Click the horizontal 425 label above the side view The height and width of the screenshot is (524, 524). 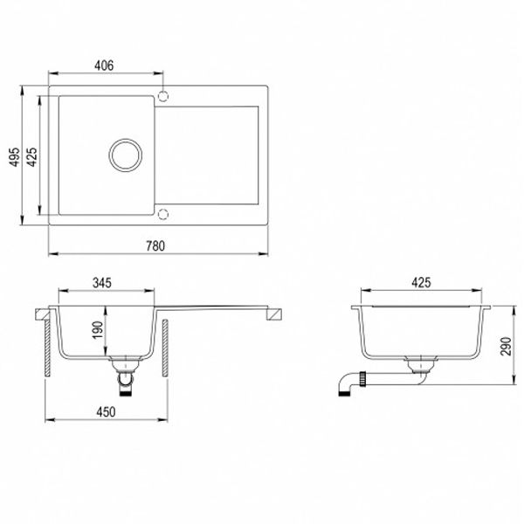click(x=422, y=284)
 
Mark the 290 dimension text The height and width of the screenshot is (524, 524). click(x=507, y=348)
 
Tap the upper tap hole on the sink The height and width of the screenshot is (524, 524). click(x=163, y=93)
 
